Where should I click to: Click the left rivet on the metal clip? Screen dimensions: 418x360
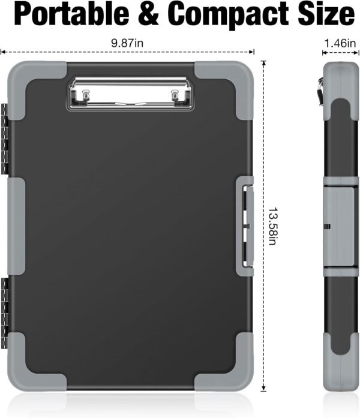pos(85,94)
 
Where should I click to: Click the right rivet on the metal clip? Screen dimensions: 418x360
pos(175,94)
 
